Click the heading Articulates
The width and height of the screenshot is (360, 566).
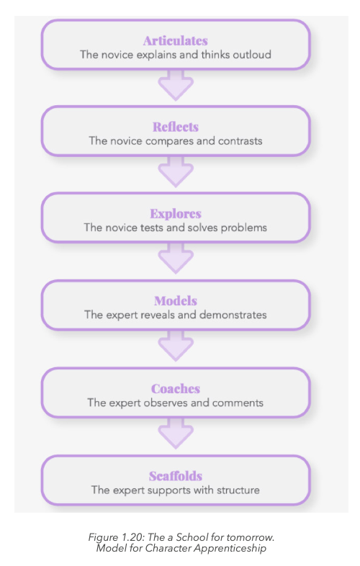176,41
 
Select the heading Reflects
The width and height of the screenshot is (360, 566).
176,127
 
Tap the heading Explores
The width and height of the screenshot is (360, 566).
176,214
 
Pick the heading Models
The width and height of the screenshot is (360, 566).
176,301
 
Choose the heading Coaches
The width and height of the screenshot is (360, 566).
176,389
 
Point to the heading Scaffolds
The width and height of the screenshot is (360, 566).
176,476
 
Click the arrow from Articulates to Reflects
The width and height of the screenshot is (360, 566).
176,86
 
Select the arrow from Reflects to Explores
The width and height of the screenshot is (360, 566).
176,172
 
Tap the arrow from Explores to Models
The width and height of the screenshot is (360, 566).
176,259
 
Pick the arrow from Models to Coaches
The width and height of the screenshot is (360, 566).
176,346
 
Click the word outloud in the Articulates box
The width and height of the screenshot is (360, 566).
252,55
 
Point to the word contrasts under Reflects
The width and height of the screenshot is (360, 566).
240,140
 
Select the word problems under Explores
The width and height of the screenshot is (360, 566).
244,228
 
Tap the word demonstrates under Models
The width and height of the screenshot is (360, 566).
233,315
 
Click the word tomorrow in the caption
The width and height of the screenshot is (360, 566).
251,537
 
